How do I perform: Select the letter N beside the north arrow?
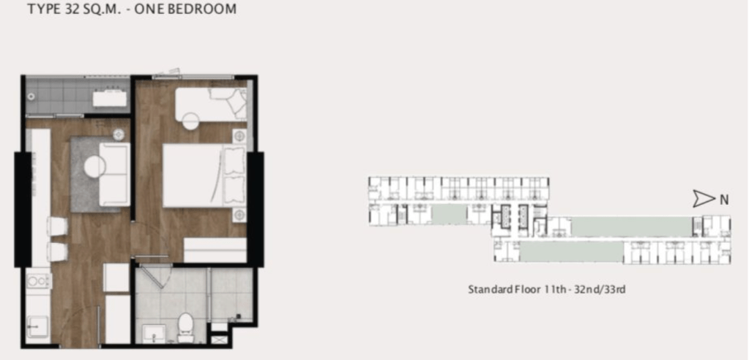click(724, 200)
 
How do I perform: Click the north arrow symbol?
click(704, 199)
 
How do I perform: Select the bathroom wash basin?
click(154, 333)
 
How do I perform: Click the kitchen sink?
click(38, 329)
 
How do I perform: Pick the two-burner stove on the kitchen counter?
click(38, 281)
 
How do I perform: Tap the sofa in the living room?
click(114, 175)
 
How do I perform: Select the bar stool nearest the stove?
click(56, 251)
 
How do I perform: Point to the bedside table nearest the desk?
click(239, 136)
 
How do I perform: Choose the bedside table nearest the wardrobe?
click(239, 215)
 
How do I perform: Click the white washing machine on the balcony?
click(110, 98)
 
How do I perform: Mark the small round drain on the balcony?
click(31, 97)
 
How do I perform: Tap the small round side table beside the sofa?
click(119, 135)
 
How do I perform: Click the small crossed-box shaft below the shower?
click(220, 340)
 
